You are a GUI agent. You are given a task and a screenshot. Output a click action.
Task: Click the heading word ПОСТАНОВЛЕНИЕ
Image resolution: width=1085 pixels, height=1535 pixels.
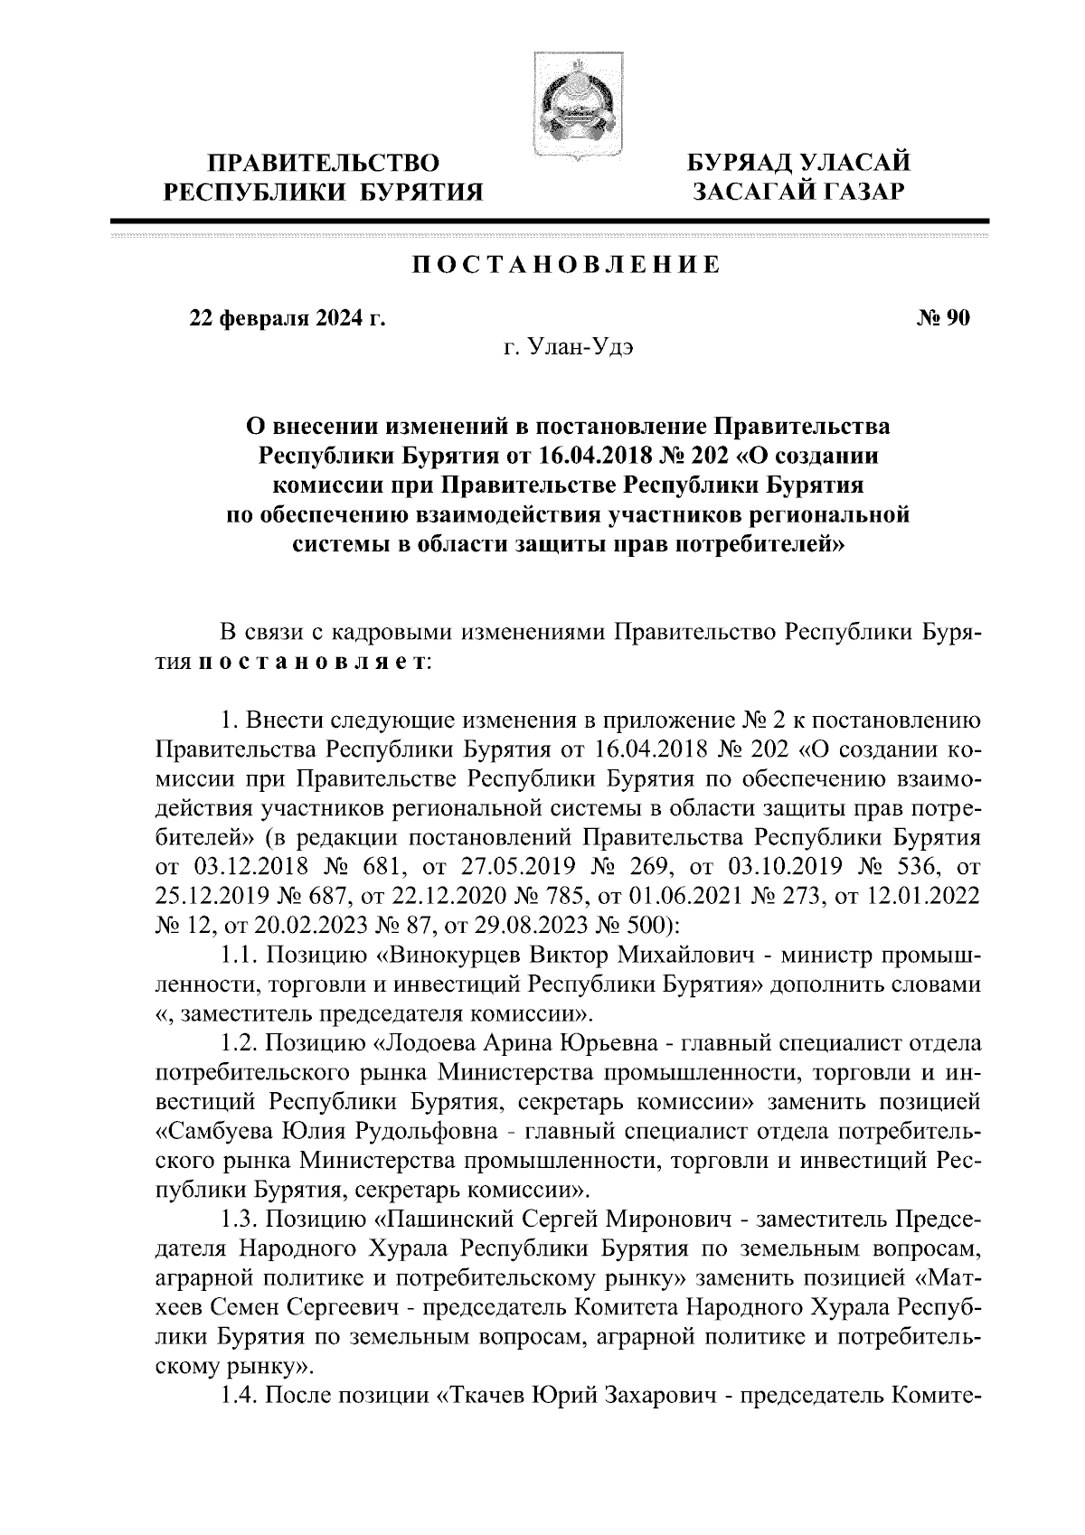click(x=567, y=265)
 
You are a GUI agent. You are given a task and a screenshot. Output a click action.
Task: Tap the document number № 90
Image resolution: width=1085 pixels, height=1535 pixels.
click(x=943, y=318)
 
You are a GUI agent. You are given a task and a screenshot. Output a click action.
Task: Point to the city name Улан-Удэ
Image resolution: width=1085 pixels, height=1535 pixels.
click(x=594, y=348)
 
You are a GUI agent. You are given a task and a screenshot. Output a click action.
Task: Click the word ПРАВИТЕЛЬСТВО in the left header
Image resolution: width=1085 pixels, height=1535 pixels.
click(x=324, y=164)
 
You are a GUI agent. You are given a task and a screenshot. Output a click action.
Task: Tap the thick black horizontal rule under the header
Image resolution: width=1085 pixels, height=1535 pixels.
click(x=549, y=221)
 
